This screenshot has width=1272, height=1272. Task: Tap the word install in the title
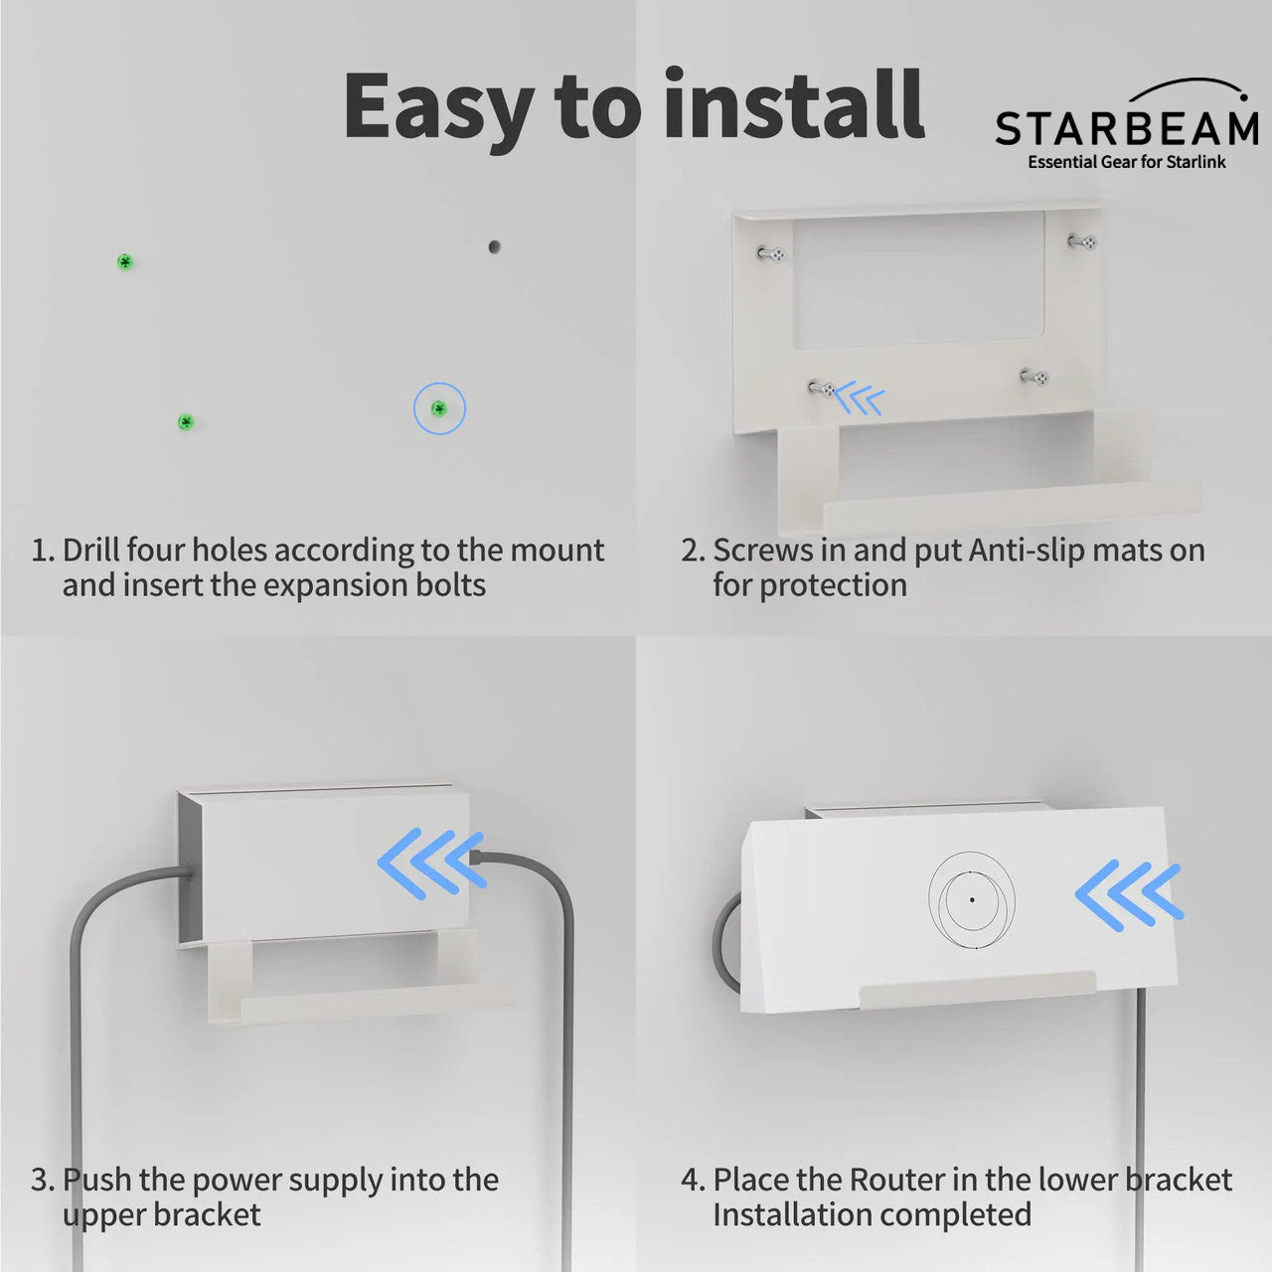[x=794, y=104]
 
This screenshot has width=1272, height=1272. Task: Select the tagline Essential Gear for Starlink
[x=1127, y=162]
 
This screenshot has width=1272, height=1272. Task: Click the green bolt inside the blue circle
[x=438, y=408]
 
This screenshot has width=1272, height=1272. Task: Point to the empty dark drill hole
[x=494, y=246]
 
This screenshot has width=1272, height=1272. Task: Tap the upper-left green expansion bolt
[x=125, y=262]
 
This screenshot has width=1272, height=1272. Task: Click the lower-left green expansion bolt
[x=185, y=422]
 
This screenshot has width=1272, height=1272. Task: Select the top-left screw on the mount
[x=772, y=254]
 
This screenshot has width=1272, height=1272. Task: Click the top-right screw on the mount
[x=1083, y=241]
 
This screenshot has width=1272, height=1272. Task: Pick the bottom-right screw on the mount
[x=1035, y=377]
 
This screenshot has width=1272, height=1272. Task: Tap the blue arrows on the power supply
[x=430, y=865]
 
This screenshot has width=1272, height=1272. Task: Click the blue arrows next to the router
[x=1129, y=895]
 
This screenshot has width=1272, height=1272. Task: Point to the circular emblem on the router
[x=972, y=899]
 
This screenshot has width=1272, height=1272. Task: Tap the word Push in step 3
[x=97, y=1180]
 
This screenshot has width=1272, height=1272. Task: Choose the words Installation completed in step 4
[x=872, y=1214]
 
